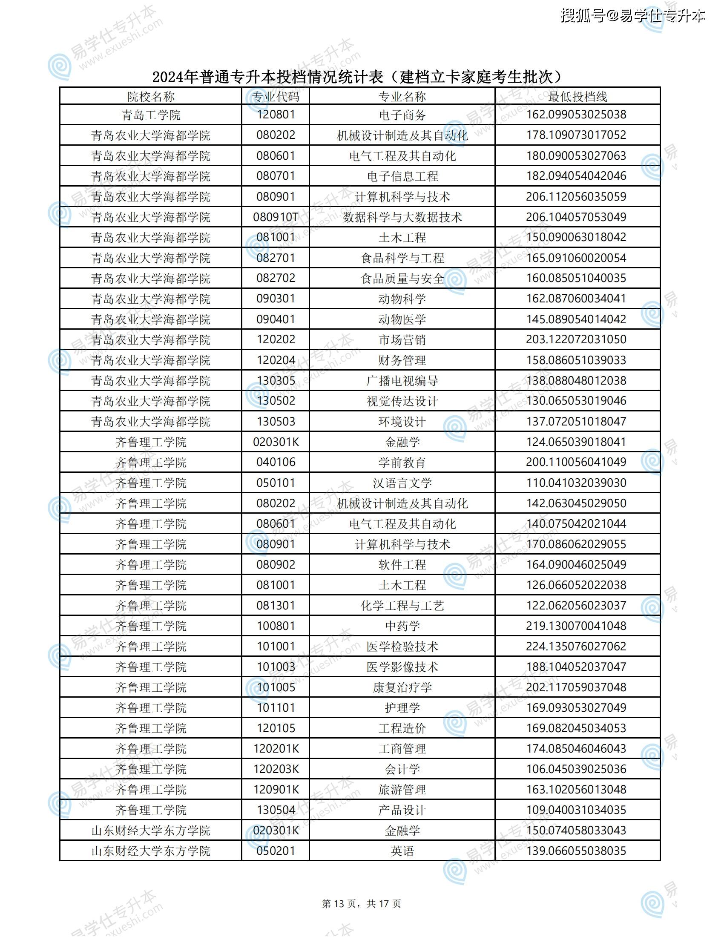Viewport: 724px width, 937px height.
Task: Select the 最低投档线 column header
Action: [577, 97]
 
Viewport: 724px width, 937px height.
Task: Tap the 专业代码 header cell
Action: [276, 97]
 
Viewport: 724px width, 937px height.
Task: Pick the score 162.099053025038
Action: [576, 115]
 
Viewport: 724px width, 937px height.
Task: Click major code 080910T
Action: [276, 217]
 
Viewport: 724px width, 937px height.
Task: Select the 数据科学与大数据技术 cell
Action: [402, 218]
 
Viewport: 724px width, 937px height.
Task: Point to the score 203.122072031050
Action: [576, 339]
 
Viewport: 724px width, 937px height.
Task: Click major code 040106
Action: [276, 462]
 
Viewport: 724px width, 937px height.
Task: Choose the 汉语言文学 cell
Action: [402, 483]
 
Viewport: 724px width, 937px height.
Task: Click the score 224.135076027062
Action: [576, 646]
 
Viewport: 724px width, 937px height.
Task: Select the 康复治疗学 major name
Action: [402, 688]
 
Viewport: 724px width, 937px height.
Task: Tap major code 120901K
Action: [276, 789]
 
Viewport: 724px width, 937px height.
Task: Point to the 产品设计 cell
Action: [402, 811]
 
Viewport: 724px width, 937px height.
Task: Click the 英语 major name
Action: [402, 851]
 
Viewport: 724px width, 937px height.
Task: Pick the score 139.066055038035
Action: [576, 851]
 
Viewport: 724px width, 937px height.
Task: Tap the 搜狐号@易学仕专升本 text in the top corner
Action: [632, 16]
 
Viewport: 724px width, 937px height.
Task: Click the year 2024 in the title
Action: [168, 77]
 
